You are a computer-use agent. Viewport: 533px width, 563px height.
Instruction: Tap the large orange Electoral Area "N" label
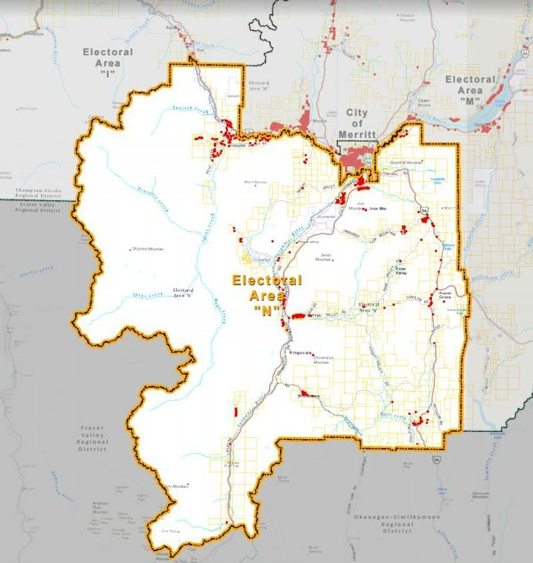[267, 296]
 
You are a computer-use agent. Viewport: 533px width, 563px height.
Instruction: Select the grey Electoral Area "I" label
[108, 63]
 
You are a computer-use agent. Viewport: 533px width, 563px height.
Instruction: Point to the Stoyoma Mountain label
[148, 249]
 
